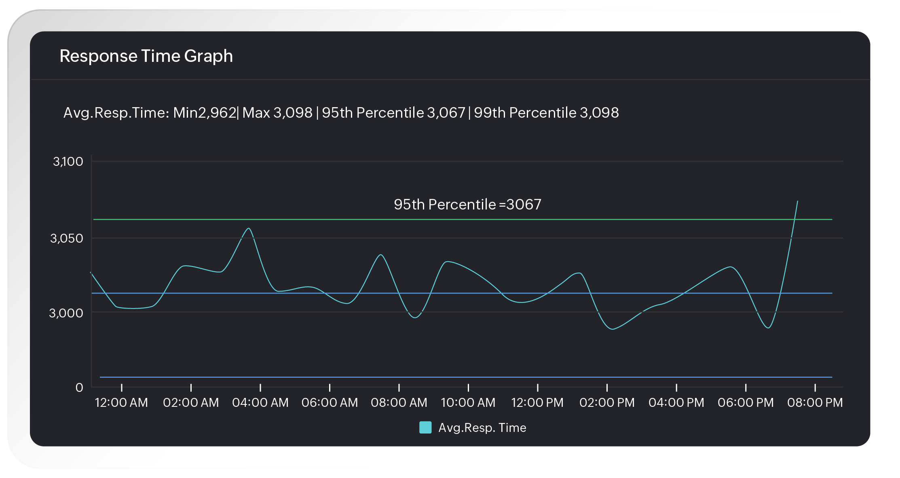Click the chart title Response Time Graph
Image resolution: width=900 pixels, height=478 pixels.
click(146, 56)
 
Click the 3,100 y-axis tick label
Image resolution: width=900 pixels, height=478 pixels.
click(68, 162)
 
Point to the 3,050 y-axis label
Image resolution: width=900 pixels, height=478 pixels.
click(67, 238)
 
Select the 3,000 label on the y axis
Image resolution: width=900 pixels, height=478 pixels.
click(66, 313)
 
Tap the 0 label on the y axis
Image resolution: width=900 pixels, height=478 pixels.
click(79, 387)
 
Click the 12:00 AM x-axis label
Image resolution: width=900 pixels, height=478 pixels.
click(121, 403)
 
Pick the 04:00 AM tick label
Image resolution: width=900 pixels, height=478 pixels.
click(260, 403)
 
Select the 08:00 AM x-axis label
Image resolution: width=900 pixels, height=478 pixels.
click(399, 403)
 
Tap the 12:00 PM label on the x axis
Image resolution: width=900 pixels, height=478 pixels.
click(537, 403)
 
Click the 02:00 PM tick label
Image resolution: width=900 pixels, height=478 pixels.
click(607, 403)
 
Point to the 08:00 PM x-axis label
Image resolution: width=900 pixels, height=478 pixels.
click(815, 403)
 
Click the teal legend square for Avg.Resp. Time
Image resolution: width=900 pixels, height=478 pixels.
click(425, 427)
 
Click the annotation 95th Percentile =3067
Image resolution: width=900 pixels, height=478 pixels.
click(467, 205)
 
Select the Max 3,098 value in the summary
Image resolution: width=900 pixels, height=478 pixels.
click(277, 113)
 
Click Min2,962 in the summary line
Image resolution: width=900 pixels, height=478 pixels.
click(205, 113)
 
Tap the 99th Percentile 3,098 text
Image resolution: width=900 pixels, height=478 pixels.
click(546, 113)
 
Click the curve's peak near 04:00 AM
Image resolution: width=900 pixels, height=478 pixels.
click(249, 228)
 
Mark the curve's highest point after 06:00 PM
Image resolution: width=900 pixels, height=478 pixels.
click(797, 201)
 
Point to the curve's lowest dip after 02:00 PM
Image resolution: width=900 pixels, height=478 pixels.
click(613, 329)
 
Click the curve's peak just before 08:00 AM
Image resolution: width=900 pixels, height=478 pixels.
click(380, 255)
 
